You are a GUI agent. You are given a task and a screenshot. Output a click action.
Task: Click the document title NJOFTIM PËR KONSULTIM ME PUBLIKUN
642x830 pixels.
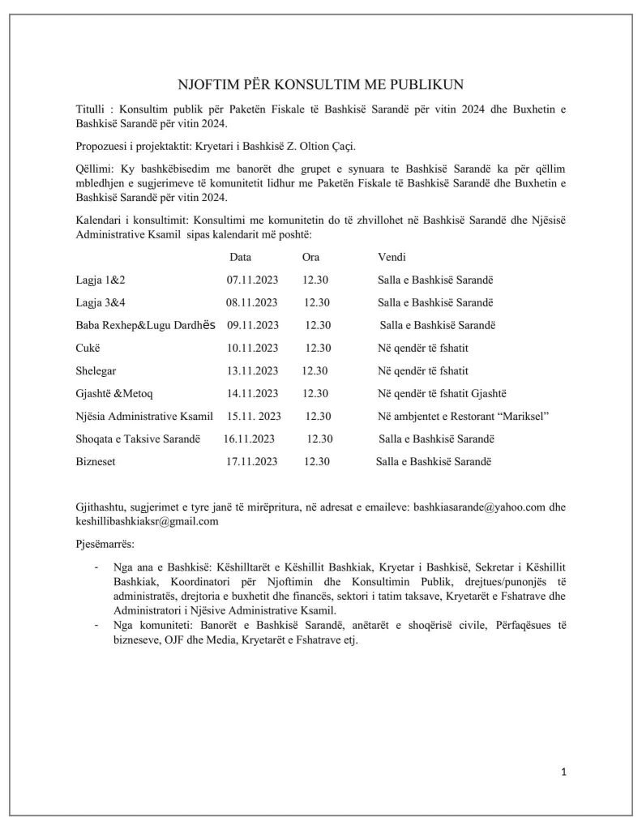[x=321, y=85]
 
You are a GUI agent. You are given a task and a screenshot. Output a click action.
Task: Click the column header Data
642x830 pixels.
[x=240, y=257]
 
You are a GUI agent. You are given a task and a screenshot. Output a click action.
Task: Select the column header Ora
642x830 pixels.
[x=310, y=257]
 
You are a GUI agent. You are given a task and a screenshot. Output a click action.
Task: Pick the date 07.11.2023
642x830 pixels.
[x=252, y=280]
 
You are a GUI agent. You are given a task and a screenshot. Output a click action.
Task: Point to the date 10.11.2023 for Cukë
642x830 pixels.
[x=252, y=348]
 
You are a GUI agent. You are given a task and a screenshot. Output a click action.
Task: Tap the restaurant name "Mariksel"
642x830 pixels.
[x=524, y=417]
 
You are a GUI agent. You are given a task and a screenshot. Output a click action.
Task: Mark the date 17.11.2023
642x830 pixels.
[x=252, y=462]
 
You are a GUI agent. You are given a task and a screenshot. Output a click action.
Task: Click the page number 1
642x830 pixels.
[x=563, y=772]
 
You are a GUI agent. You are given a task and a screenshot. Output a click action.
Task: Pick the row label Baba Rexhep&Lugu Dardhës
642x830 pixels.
[x=143, y=325]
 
